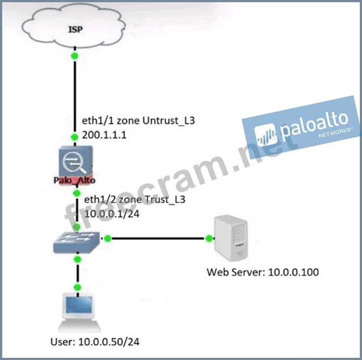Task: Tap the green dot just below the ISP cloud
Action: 75,56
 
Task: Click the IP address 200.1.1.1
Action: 104,135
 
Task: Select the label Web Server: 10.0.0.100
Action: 263,271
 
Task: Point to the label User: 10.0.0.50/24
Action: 99,342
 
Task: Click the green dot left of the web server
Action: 209,238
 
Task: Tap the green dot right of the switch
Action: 108,238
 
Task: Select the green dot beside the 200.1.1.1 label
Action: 75,136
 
